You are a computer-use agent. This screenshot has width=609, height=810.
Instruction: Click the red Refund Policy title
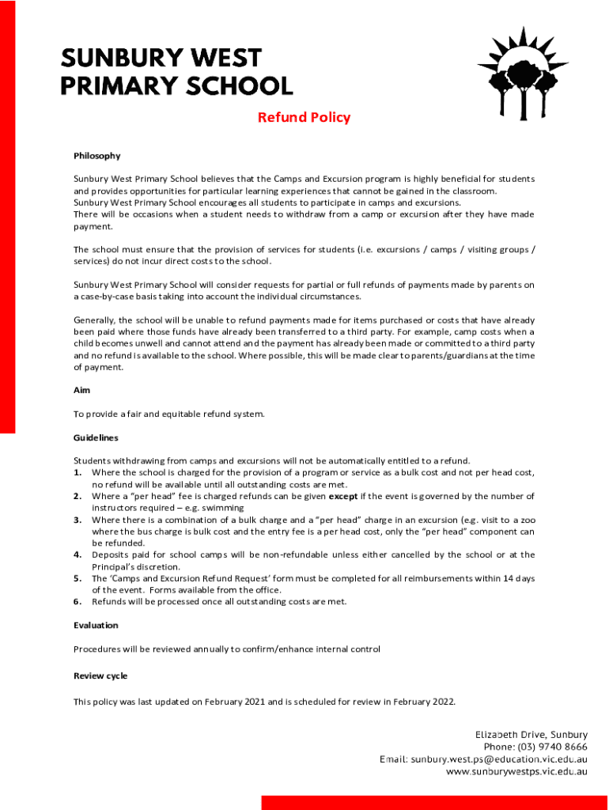[x=304, y=118]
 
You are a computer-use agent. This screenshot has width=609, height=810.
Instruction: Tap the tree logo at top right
[x=523, y=72]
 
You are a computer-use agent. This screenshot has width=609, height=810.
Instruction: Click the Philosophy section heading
[x=96, y=156]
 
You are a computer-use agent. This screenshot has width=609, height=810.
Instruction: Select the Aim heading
[x=81, y=390]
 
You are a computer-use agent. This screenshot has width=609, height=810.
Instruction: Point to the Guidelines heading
[x=96, y=437]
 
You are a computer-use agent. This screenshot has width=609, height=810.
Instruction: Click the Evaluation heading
[x=96, y=625]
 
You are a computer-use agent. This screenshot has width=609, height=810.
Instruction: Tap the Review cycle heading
[x=100, y=676]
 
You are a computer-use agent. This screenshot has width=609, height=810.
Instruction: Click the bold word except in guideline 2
[x=343, y=497]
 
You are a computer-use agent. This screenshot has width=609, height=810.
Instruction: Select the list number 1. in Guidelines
[x=78, y=472]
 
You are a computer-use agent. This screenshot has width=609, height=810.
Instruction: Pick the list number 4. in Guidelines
[x=78, y=555]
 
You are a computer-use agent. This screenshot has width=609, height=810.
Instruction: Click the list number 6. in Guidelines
[x=78, y=601]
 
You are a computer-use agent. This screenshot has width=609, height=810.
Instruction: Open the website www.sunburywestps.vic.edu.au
[x=516, y=771]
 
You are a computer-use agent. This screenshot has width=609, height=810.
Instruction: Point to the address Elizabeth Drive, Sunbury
[x=531, y=735]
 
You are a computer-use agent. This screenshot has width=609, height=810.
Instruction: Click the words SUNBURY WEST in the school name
[x=161, y=59]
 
